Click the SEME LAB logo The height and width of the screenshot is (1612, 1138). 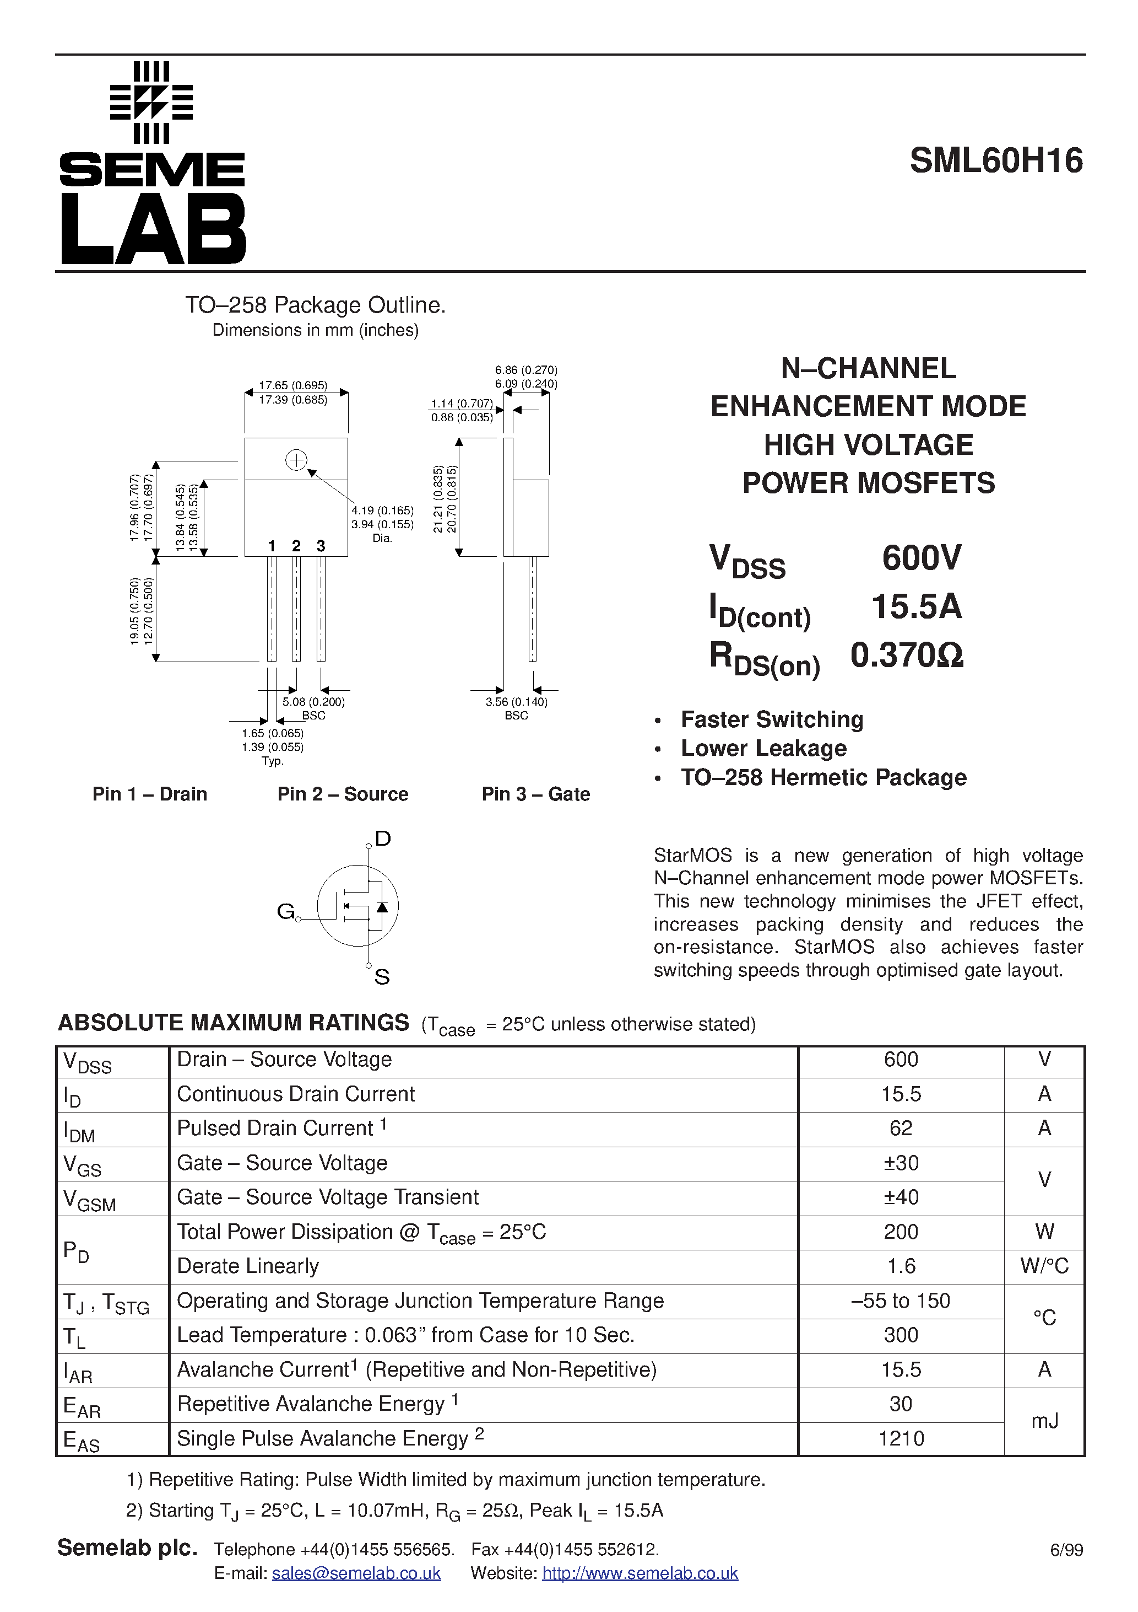click(x=152, y=163)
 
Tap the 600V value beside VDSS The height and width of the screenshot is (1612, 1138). click(x=921, y=558)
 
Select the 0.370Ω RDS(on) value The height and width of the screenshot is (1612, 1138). click(x=907, y=655)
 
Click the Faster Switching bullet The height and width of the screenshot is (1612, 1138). click(x=772, y=719)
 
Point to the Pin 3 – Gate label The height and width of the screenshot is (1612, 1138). click(x=535, y=794)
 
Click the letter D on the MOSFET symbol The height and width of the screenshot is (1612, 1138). click(x=382, y=839)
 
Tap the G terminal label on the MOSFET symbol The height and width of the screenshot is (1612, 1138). click(x=285, y=911)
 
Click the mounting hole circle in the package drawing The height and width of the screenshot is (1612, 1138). click(x=296, y=460)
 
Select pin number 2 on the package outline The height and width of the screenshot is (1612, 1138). click(x=296, y=546)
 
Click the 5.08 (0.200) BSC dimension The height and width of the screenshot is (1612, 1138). click(x=313, y=708)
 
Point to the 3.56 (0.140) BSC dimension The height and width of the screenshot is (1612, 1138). click(x=516, y=708)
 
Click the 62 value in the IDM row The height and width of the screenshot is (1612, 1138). click(x=900, y=1129)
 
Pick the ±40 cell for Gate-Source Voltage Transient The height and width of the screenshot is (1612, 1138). click(x=900, y=1197)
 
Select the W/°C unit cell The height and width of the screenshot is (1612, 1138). click(x=1044, y=1266)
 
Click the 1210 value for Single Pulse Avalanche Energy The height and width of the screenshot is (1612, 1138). click(x=900, y=1438)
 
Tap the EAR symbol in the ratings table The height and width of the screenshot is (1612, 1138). click(x=82, y=1406)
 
